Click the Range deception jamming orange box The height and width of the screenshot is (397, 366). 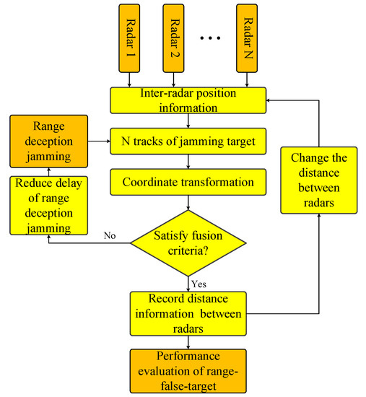(x=49, y=140)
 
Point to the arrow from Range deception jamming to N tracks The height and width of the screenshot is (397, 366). (x=99, y=141)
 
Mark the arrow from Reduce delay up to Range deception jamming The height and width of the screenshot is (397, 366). (x=49, y=171)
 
